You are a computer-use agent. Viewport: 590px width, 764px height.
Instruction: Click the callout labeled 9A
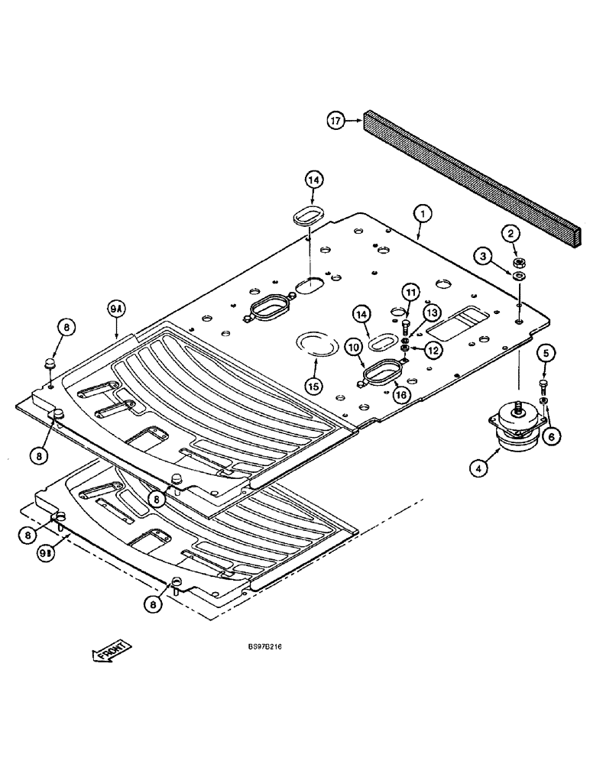point(116,310)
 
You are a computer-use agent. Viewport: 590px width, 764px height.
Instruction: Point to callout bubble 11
point(411,292)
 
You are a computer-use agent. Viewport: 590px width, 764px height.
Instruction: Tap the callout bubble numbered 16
point(400,393)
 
